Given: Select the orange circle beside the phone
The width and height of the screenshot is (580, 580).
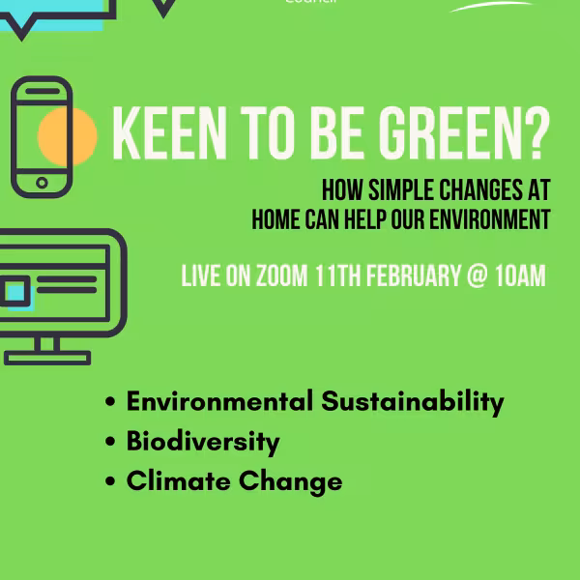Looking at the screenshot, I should [x=68, y=134].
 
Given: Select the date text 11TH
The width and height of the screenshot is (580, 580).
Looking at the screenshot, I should [x=335, y=275].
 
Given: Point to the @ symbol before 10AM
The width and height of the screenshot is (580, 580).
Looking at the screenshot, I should [x=476, y=276].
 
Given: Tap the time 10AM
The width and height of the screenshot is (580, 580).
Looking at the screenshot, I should [x=520, y=275].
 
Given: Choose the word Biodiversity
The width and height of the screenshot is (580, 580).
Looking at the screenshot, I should [x=203, y=442].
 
